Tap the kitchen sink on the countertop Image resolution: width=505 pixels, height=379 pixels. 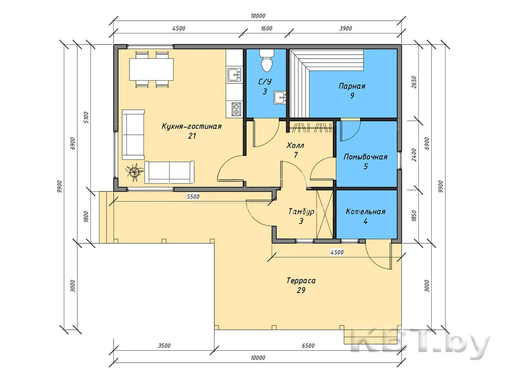pyautogui.click(x=234, y=75)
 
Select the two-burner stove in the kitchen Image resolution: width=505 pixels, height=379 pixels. pyautogui.click(x=236, y=109)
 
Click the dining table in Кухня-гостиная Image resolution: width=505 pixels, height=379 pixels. pyautogui.click(x=151, y=69)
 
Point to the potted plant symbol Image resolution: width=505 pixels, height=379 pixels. pyautogui.click(x=134, y=172)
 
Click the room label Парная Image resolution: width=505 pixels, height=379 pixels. pyautogui.click(x=352, y=86)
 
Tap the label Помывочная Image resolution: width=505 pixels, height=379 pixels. pyautogui.click(x=366, y=157)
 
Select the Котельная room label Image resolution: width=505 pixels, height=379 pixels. pyautogui.click(x=366, y=212)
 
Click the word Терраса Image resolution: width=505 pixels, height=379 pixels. pyautogui.click(x=301, y=281)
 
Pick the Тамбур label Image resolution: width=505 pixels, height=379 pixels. pyautogui.click(x=301, y=211)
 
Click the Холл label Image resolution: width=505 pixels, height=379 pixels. pyautogui.click(x=295, y=145)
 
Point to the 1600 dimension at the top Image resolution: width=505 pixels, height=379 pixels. pyautogui.click(x=266, y=29)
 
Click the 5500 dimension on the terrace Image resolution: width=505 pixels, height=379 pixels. pyautogui.click(x=193, y=197)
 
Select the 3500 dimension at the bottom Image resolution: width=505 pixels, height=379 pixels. pyautogui.click(x=164, y=346)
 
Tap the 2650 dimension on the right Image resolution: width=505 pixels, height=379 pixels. pyautogui.click(x=414, y=83)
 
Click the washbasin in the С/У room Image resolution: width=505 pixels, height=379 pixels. pyautogui.click(x=280, y=98)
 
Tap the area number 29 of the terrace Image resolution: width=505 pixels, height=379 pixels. pyautogui.click(x=301, y=291)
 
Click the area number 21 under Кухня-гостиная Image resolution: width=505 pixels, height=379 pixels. pyautogui.click(x=192, y=136)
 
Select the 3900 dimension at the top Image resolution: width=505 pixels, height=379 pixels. pyautogui.click(x=346, y=29)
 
